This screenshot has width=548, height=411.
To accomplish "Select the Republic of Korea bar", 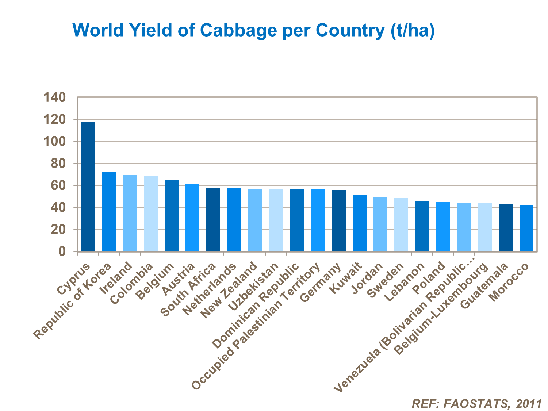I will (x=109, y=212).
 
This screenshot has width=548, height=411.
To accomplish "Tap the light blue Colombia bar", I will (x=151, y=214).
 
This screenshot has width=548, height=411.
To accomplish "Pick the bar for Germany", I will (x=338, y=220).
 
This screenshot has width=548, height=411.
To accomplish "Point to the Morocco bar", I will (x=526, y=228).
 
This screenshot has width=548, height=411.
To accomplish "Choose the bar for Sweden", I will (x=401, y=225).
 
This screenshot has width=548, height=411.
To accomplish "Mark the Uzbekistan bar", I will (x=276, y=220).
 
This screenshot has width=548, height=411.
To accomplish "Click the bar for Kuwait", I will (x=360, y=223).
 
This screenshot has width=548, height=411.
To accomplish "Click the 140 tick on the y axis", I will (x=54, y=97).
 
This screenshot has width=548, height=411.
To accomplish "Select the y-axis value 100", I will (x=54, y=142).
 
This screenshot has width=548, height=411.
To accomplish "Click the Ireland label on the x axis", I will (x=116, y=279).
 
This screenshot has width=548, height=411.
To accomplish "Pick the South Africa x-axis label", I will (x=188, y=291).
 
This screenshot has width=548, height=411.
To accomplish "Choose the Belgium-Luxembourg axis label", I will (x=442, y=309).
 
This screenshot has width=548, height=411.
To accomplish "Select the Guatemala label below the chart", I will (x=484, y=286).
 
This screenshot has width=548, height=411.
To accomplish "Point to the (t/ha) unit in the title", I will (x=412, y=30).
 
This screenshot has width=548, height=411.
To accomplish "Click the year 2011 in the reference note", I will (x=529, y=403).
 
